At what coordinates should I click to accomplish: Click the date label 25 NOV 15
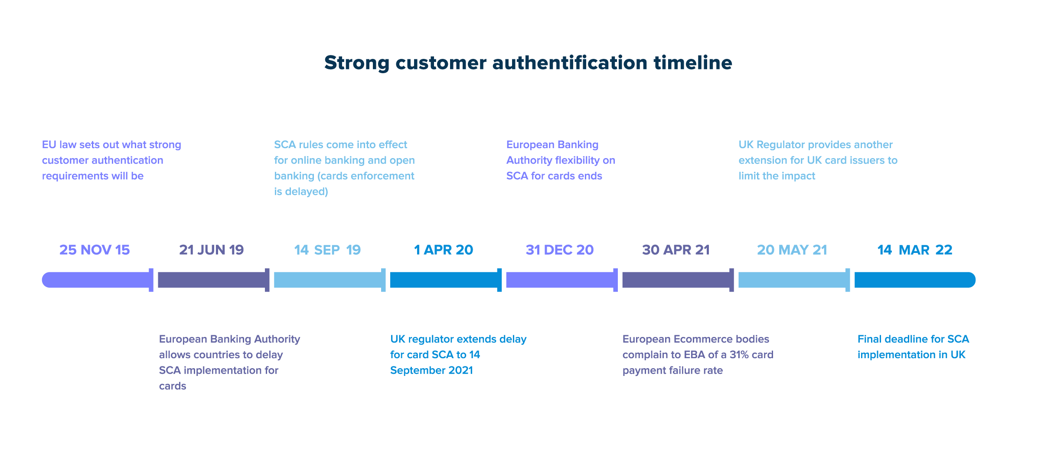[95, 250]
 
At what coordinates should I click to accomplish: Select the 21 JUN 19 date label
[212, 250]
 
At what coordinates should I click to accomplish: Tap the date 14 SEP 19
[327, 250]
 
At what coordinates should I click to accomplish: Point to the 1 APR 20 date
[444, 250]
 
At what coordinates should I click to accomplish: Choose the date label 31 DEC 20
[560, 250]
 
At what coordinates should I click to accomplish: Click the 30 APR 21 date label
[676, 250]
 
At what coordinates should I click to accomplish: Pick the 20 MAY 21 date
[792, 250]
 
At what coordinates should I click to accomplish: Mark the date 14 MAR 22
[915, 250]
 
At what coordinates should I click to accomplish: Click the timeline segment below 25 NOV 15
[98, 280]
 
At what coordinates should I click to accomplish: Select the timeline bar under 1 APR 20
[446, 280]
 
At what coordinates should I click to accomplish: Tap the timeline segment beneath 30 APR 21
[678, 280]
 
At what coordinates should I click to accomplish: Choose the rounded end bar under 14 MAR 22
[915, 280]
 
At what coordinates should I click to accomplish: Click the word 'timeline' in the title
[693, 63]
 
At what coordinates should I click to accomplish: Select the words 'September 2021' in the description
[431, 370]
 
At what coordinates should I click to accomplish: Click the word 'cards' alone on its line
[173, 386]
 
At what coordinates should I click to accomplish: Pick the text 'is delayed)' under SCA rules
[301, 191]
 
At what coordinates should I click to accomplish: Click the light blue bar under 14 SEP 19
[330, 280]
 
